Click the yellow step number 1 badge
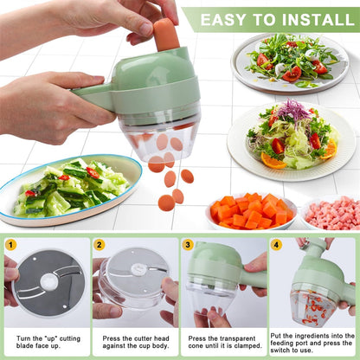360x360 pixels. [x=10, y=245]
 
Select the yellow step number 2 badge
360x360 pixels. [x=100, y=245]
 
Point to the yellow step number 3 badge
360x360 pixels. [x=188, y=245]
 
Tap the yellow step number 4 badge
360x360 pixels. [x=276, y=245]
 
